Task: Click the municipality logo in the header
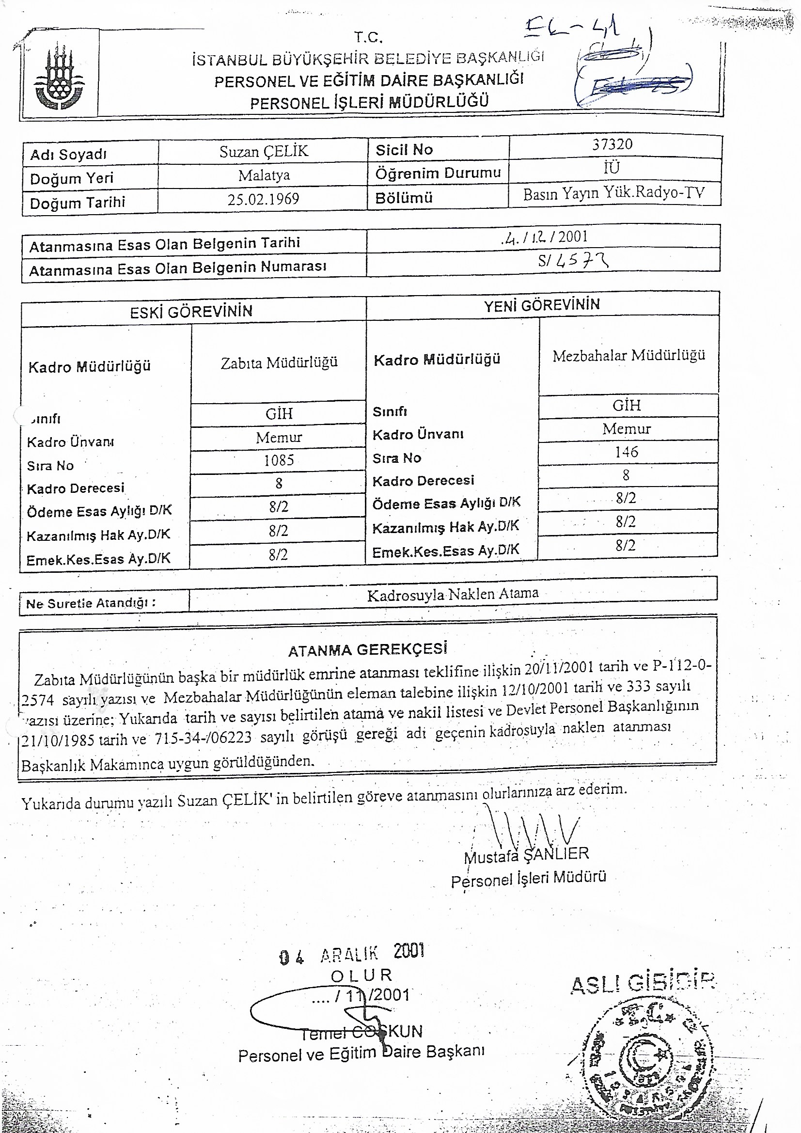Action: [x=59, y=76]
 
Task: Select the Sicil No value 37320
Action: [x=612, y=144]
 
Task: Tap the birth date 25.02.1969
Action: [x=263, y=199]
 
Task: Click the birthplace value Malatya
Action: [x=264, y=175]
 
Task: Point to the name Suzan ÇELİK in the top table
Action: [x=264, y=152]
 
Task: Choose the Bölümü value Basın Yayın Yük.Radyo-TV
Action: [x=613, y=193]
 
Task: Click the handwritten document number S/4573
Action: [x=573, y=260]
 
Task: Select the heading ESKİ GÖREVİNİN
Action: [x=191, y=312]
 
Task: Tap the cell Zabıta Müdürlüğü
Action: [x=279, y=362]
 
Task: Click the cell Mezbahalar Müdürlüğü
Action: [x=628, y=355]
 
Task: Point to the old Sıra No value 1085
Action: [x=279, y=460]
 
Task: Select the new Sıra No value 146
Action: [x=626, y=452]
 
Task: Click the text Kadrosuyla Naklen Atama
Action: [x=453, y=594]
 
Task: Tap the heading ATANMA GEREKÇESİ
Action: [x=368, y=649]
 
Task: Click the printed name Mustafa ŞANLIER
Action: [x=526, y=855]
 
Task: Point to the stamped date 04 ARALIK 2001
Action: [x=351, y=953]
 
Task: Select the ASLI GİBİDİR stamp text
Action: [x=643, y=984]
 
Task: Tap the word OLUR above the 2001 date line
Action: [x=361, y=975]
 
